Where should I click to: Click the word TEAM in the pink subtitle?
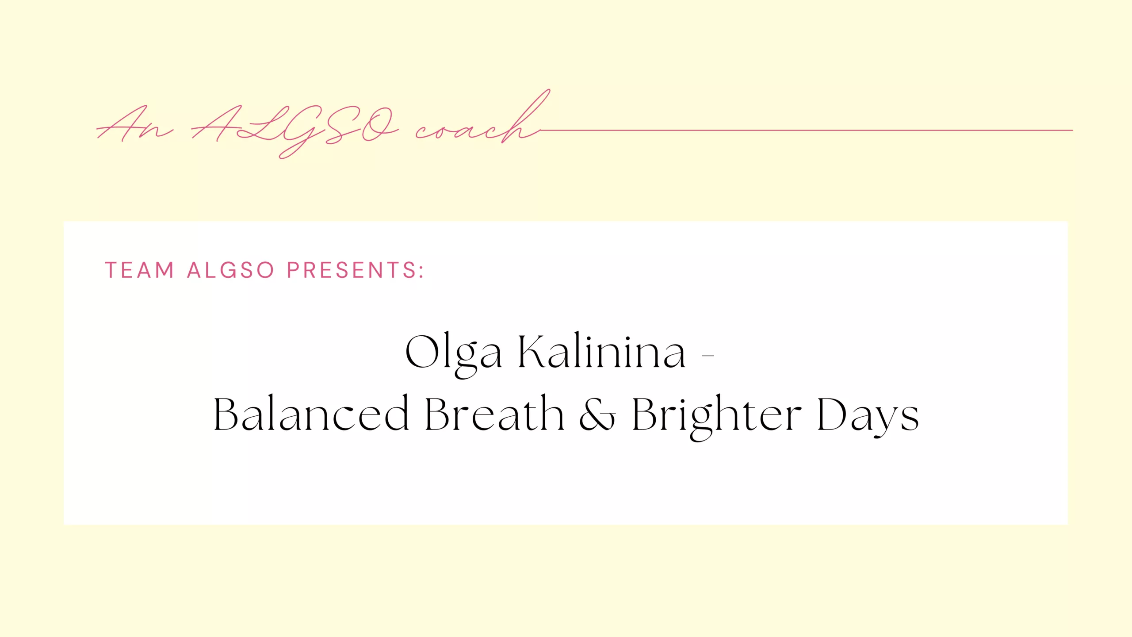139,270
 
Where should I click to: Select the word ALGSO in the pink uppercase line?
230,270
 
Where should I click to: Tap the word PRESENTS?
352,270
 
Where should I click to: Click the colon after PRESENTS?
421,271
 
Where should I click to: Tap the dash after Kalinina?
708,355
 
